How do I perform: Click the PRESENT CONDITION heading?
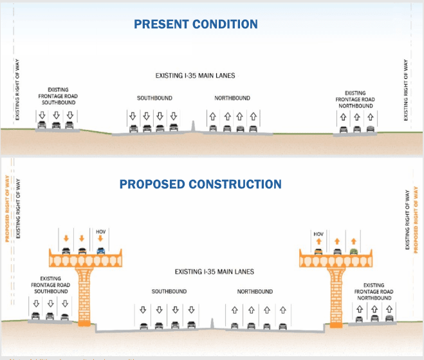click(196, 24)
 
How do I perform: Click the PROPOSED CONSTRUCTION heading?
click(200, 184)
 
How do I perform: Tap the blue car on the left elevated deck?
click(100, 251)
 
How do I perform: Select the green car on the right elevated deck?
click(353, 251)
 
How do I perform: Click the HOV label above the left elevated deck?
click(100, 231)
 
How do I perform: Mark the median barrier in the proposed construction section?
click(212, 323)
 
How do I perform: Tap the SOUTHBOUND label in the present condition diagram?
click(152, 98)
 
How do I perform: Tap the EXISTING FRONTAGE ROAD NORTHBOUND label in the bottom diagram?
click(374, 291)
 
